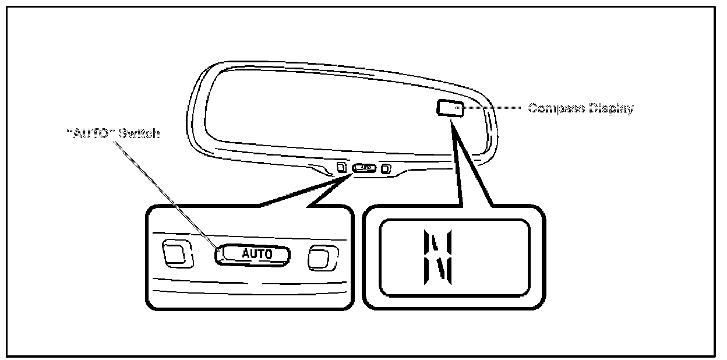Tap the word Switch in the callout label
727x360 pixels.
pos(139,133)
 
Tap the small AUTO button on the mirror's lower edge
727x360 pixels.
pos(365,168)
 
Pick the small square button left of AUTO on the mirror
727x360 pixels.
pos(341,167)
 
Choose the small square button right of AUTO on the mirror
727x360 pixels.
pos(386,169)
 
